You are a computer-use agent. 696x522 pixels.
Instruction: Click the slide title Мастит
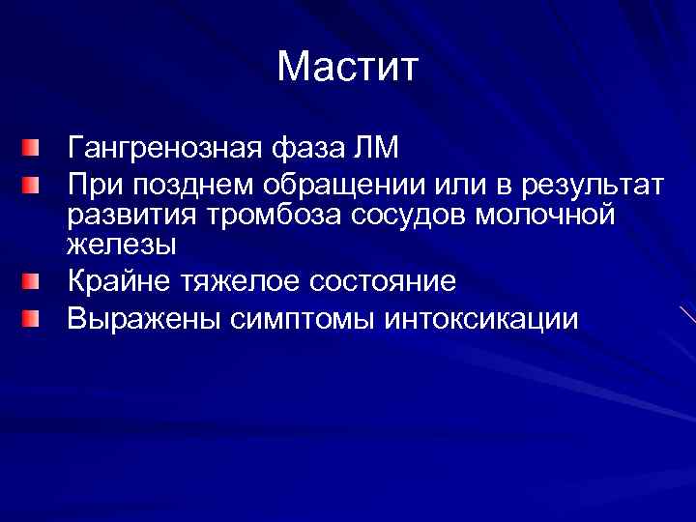(x=347, y=68)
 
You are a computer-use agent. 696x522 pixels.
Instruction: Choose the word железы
(x=122, y=245)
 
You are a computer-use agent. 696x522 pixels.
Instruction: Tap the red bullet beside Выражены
(x=34, y=317)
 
